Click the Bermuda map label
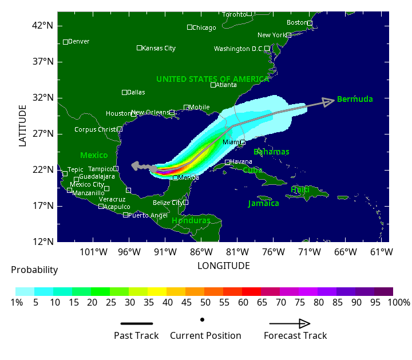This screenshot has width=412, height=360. coord(355,99)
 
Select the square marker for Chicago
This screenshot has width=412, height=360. coord(190,27)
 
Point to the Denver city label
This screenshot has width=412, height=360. coord(78,41)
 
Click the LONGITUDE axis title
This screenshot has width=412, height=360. coord(224,266)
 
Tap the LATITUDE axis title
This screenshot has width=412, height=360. coord(23,125)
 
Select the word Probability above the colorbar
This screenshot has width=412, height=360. coord(34,270)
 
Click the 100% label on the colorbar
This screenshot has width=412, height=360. coord(398,302)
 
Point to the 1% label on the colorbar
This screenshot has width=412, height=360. coord(17,302)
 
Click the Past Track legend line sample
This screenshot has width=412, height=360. coord(137,323)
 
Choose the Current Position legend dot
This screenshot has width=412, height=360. coord(203,319)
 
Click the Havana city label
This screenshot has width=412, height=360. coord(241,162)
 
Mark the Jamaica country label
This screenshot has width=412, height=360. coord(263,203)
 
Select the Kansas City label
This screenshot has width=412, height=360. coord(159,48)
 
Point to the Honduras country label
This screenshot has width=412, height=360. coord(191,220)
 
